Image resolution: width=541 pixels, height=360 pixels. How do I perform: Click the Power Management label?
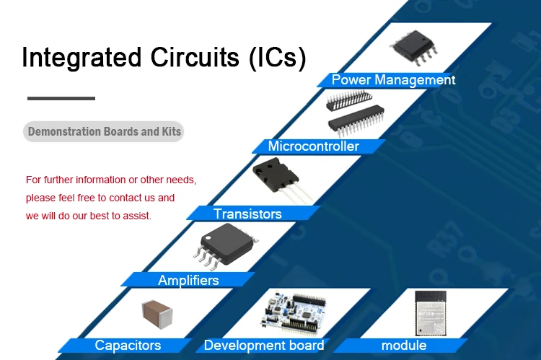[393, 79]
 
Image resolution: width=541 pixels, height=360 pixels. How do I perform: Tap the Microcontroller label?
[313, 146]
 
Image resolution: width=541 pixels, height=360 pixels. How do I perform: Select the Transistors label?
[247, 214]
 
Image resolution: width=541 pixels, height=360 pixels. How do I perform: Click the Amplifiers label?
[188, 280]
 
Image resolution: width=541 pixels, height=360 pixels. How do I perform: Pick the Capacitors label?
[128, 346]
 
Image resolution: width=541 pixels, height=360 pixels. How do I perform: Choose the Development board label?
[264, 346]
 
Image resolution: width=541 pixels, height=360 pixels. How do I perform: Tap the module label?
[404, 346]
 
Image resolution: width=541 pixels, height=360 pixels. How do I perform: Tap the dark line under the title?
[61, 98]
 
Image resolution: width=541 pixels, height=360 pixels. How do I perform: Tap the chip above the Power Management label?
[414, 45]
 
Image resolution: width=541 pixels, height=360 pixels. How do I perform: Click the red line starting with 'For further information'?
[111, 180]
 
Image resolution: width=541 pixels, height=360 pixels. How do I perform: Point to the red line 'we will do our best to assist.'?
[89, 215]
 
